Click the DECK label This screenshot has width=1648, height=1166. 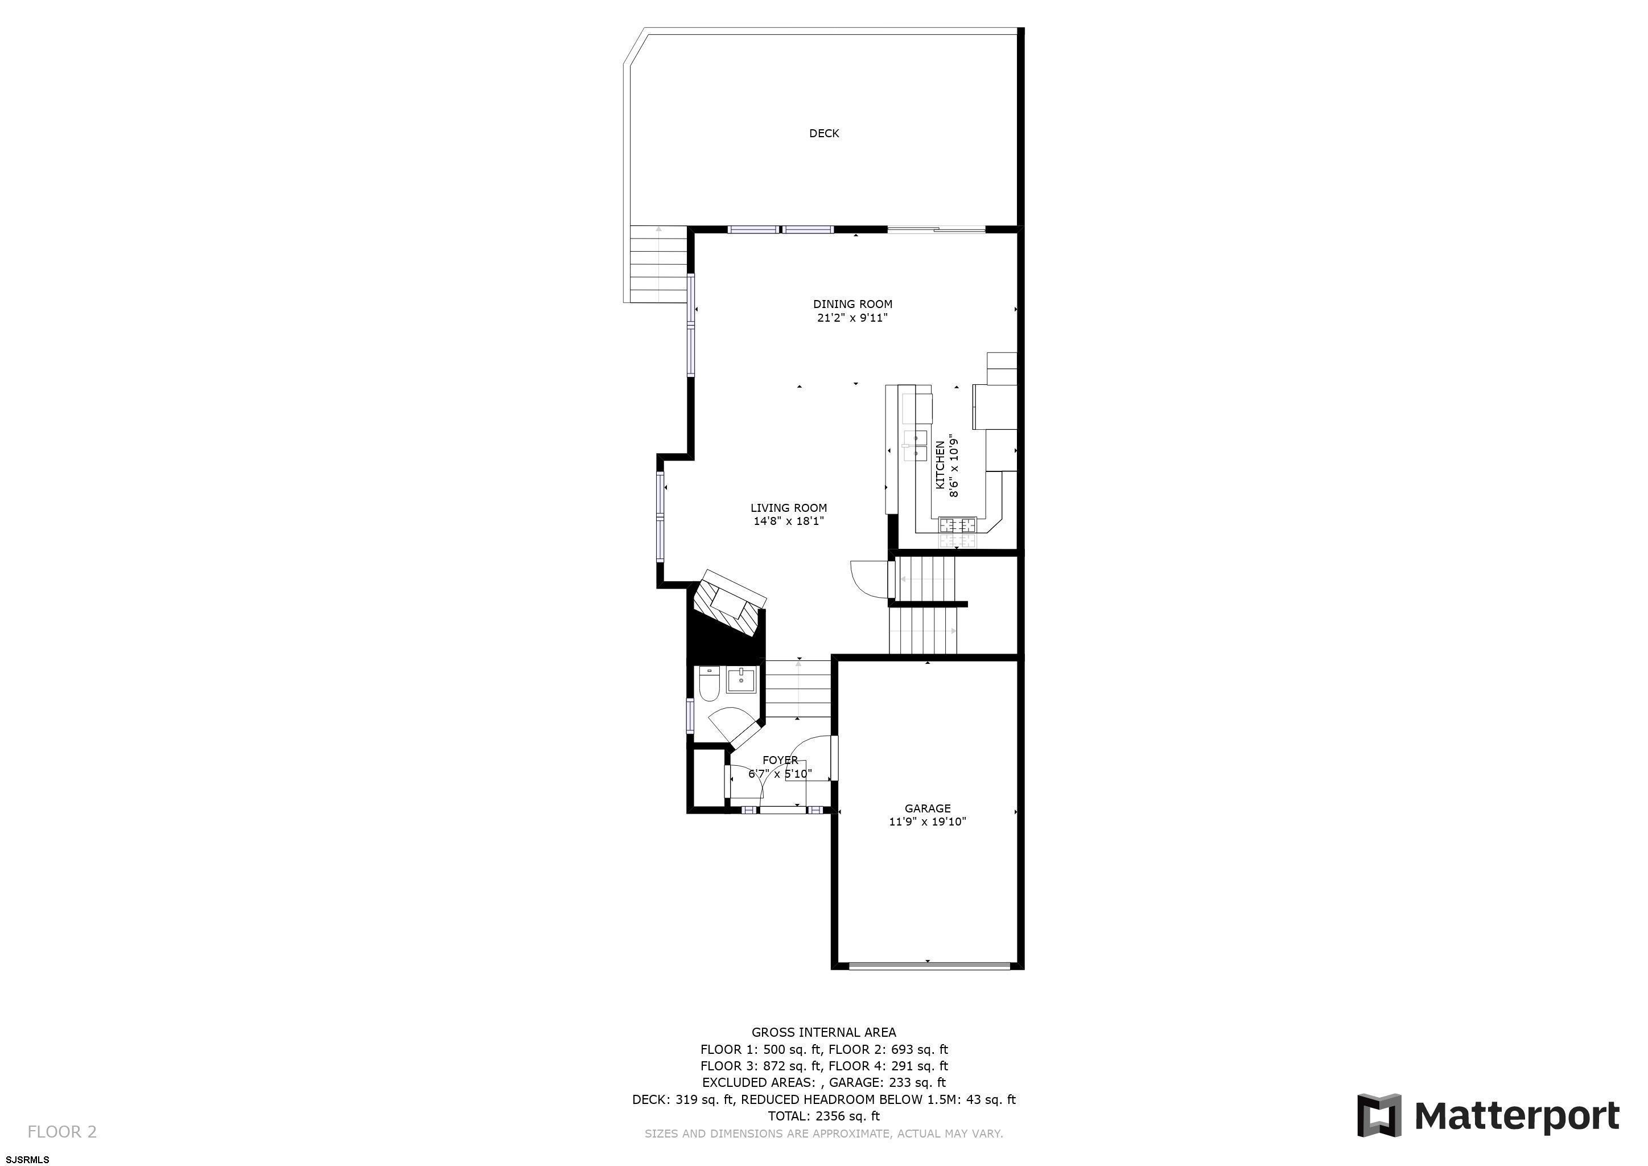[824, 134]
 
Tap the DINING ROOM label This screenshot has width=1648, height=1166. [852, 305]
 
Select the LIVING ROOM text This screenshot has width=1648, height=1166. [789, 508]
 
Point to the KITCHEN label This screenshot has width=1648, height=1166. [940, 465]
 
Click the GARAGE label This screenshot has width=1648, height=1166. [928, 808]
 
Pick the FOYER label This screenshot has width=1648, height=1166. [780, 760]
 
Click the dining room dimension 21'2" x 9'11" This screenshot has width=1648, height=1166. [852, 318]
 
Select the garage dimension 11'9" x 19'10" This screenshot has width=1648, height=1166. [928, 822]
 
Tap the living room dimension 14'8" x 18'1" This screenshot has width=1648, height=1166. [789, 522]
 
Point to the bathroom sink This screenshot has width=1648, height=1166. [741, 679]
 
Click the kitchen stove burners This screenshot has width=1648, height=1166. [958, 532]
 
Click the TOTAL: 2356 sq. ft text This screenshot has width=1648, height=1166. [824, 1116]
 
